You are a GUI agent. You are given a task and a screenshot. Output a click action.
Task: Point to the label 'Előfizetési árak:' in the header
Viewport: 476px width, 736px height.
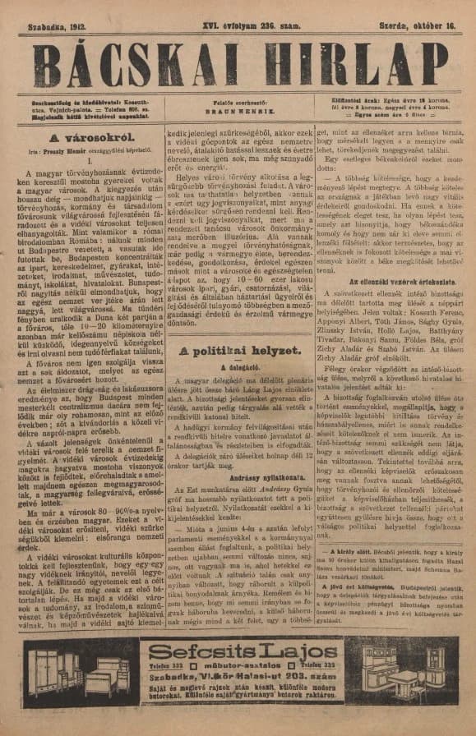click(x=355, y=100)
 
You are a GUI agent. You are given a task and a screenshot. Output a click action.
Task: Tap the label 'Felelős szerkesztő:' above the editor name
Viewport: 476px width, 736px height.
click(x=240, y=100)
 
